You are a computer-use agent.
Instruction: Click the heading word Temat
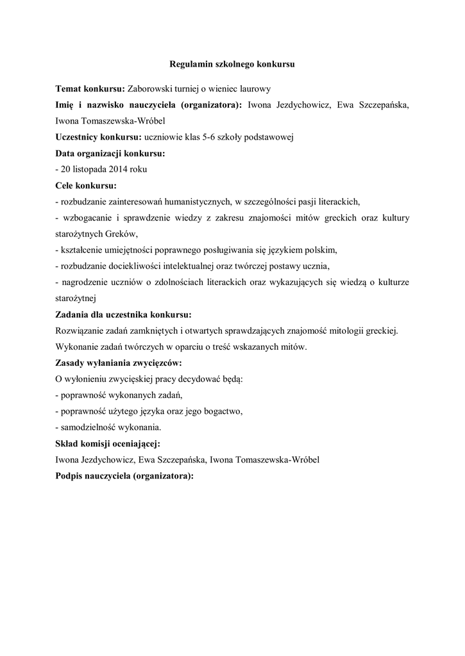click(69, 88)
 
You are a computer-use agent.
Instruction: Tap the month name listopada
click(88, 169)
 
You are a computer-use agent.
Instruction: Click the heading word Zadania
click(73, 314)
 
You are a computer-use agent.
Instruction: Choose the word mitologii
click(346, 331)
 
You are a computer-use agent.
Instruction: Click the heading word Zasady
click(71, 363)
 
